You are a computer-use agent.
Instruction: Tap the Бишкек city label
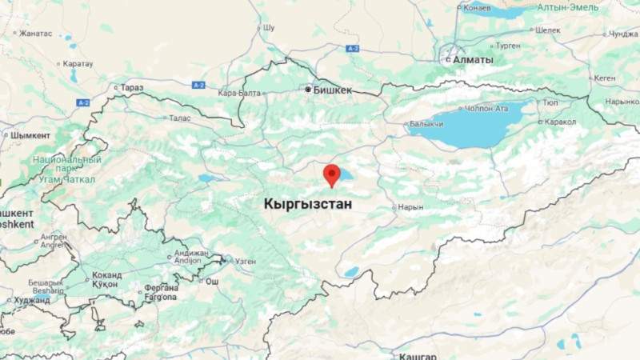point(332,90)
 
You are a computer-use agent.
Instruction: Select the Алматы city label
point(472,59)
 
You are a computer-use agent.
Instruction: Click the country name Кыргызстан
point(307,205)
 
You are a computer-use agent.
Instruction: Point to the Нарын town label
point(409,206)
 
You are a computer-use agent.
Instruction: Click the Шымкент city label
point(30,135)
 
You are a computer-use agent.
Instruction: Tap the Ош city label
point(212,282)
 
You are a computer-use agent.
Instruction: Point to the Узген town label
point(245,261)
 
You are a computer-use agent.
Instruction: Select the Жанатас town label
point(35,34)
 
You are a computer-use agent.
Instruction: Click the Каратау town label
point(78,63)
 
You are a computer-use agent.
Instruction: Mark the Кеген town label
point(605,78)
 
